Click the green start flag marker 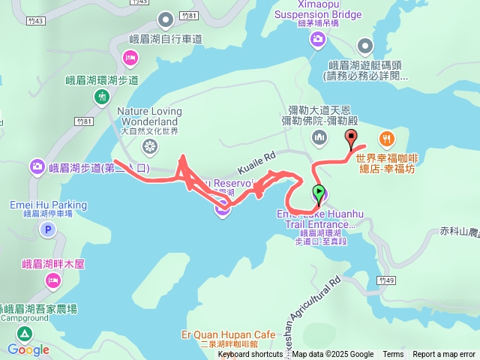(319, 193)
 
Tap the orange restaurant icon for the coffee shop (387, 138)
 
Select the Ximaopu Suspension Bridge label (318, 14)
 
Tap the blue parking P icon (48, 230)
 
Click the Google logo (28, 349)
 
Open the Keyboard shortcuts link (250, 355)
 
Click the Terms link (393, 355)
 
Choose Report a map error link (444, 355)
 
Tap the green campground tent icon (25, 333)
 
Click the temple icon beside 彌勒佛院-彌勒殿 (319, 137)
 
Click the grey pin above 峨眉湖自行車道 (166, 19)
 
